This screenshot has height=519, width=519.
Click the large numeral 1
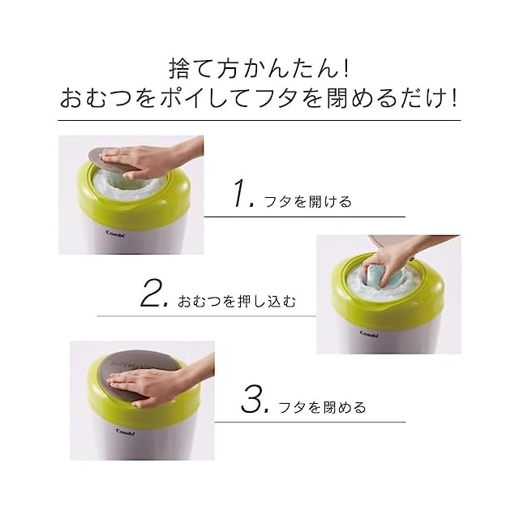click(x=241, y=193)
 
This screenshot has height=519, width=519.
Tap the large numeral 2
click(x=152, y=294)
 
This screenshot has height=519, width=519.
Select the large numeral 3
click(x=252, y=399)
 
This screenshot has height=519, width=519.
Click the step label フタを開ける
click(x=308, y=202)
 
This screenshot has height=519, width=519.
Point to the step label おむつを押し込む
click(x=237, y=301)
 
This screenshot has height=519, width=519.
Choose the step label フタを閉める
click(x=323, y=407)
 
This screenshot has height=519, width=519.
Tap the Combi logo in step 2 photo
click(x=369, y=334)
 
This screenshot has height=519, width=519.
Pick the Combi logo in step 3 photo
click(x=126, y=432)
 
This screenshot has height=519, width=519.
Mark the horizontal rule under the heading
click(x=259, y=120)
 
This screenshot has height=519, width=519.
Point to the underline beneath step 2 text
click(x=207, y=316)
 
